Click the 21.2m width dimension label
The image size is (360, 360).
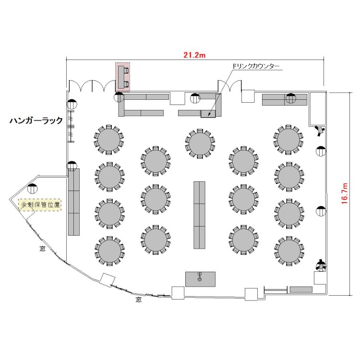194,55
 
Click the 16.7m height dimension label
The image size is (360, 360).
344,193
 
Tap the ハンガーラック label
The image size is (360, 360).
36,120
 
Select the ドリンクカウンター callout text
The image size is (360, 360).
256,66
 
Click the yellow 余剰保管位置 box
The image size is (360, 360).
40,204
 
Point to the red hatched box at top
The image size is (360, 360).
122,77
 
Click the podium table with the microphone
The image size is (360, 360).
201,279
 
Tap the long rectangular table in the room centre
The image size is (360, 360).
199,215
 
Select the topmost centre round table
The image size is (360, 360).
200,144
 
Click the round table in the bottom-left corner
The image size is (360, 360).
109,251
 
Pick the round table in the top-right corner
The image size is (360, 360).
288,139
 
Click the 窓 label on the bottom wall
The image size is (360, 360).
138,300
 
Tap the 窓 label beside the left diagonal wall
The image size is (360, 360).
42,249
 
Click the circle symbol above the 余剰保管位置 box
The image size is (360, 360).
32,189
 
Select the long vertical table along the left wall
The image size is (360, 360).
74,202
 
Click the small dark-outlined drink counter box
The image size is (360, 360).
208,114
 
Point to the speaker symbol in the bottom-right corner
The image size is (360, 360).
321,265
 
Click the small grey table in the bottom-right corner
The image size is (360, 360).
301,289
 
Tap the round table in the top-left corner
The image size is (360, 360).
109,139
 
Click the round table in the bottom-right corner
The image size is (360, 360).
289,251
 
